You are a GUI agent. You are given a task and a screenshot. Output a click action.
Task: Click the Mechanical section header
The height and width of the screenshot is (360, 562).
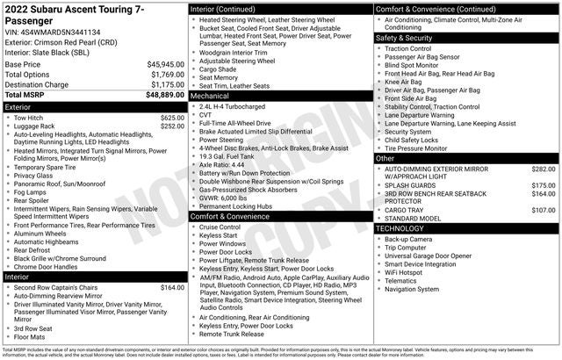[213, 95]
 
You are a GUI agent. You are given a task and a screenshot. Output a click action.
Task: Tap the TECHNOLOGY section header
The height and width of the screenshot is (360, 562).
[404, 228]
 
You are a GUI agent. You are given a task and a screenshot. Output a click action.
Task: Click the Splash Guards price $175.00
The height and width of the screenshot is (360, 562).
[544, 185]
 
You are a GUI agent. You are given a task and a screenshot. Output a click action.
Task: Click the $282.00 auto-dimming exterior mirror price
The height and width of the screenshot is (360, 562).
[544, 169]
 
